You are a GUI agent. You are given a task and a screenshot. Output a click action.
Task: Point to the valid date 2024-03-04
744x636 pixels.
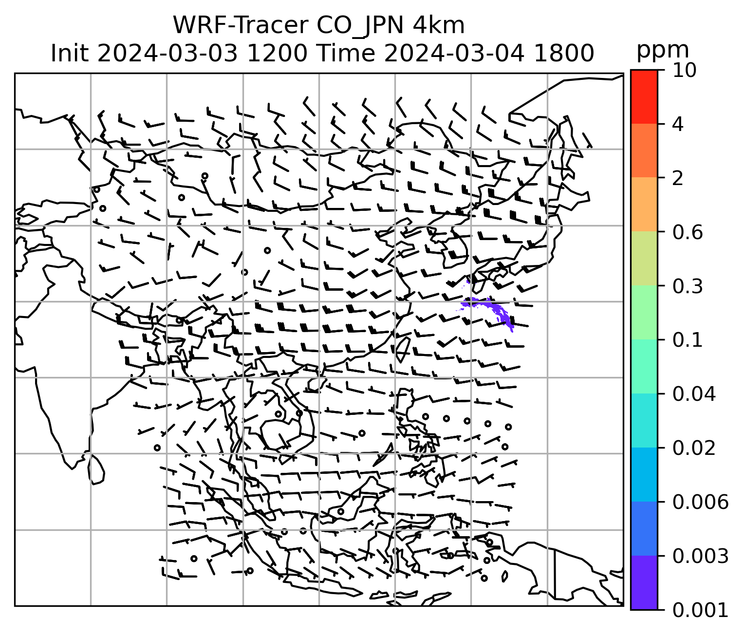point(454,53)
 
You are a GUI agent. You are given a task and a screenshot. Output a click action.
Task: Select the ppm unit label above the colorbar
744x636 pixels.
point(663,50)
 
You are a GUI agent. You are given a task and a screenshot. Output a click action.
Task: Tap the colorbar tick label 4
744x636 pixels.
point(678,124)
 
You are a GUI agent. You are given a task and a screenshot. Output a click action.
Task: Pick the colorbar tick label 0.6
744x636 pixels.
point(687,232)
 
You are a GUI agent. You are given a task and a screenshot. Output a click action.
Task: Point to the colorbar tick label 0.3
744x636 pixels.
point(687,286)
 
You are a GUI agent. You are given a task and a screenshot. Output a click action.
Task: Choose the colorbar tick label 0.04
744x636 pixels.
point(693,394)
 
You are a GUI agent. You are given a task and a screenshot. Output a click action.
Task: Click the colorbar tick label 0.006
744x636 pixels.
point(700,502)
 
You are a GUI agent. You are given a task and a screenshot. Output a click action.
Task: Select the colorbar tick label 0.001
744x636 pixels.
point(700,610)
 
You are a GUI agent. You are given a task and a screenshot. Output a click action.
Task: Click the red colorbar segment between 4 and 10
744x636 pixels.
point(644,96)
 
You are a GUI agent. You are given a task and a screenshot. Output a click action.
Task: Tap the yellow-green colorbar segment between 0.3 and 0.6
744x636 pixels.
point(644,259)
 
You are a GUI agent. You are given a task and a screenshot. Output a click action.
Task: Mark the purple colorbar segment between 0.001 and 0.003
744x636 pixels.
point(644,582)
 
